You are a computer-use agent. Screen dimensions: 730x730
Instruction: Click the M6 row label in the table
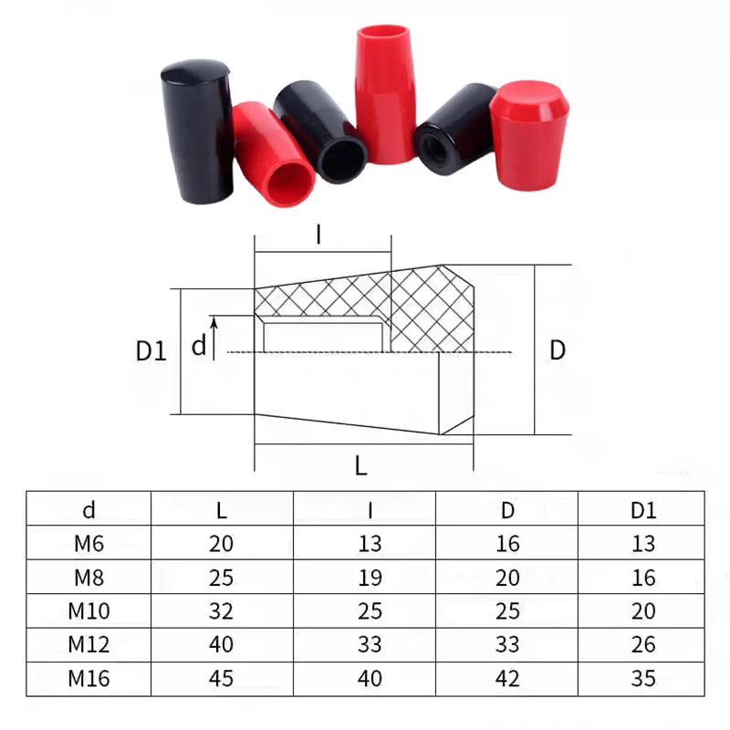tap(89, 544)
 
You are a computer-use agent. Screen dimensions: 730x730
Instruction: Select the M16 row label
tap(89, 679)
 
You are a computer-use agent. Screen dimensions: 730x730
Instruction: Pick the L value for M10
tap(221, 611)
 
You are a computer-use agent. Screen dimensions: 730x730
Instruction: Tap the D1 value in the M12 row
tap(643, 645)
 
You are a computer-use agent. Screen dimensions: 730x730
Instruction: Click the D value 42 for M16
tap(508, 679)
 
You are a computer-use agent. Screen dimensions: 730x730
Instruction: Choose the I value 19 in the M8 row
tap(369, 578)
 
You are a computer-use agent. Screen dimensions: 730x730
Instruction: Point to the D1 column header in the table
tap(643, 510)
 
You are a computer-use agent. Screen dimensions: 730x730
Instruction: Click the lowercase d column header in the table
tap(89, 510)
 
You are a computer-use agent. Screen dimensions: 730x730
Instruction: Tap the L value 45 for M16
tap(221, 679)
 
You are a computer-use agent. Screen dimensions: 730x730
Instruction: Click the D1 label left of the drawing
tap(151, 350)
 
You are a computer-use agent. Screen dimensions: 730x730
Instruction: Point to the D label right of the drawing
tap(557, 350)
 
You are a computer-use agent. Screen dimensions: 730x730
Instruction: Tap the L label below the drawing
tap(361, 466)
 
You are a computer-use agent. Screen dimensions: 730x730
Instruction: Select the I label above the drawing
tap(318, 235)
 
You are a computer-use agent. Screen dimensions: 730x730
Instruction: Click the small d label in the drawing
tap(198, 347)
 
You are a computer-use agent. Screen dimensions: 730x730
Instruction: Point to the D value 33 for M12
tap(508, 645)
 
